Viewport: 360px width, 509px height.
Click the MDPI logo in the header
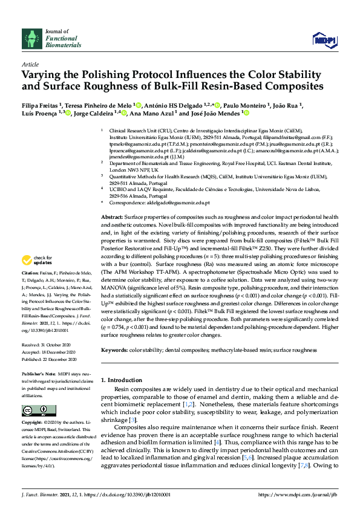pyautogui.click(x=324, y=40)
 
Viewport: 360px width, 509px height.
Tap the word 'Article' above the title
pyautogui.click(x=30, y=63)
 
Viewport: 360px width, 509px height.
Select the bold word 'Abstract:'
pyautogui.click(x=112, y=216)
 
